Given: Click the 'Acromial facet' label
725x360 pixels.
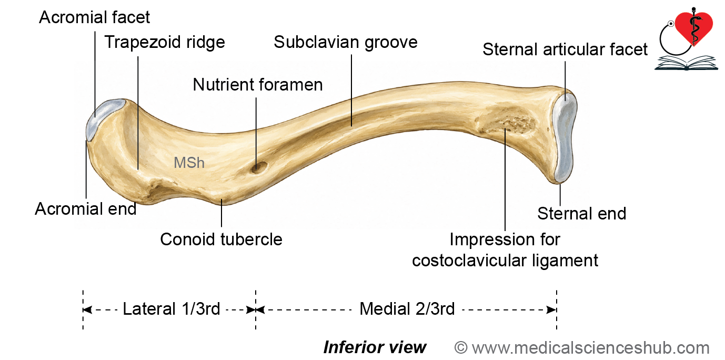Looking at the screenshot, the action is coord(94,17).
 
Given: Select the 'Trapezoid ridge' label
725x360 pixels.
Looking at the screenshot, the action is coord(165,42).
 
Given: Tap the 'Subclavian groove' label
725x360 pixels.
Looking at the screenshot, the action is coord(346,42).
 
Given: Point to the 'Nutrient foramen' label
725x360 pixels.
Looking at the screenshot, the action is coord(258,85).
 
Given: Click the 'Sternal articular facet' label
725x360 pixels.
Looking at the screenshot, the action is coord(565,49).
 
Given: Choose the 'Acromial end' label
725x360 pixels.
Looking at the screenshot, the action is coord(85,209).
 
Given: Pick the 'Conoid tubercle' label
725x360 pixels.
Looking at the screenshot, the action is coord(221,239).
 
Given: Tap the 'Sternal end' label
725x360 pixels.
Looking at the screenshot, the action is coord(581,214).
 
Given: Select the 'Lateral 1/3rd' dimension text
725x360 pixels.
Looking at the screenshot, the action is coord(171,309).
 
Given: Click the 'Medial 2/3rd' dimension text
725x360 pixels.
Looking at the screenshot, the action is coord(407,309).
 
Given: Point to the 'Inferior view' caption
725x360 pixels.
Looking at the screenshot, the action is coord(375,348).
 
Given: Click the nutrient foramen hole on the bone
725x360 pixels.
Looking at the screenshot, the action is coord(259,168).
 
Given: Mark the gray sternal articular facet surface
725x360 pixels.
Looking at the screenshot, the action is coord(565,137).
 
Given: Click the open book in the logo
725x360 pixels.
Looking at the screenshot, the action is coord(686,63).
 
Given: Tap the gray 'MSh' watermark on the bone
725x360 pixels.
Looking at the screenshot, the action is coord(189,163).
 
